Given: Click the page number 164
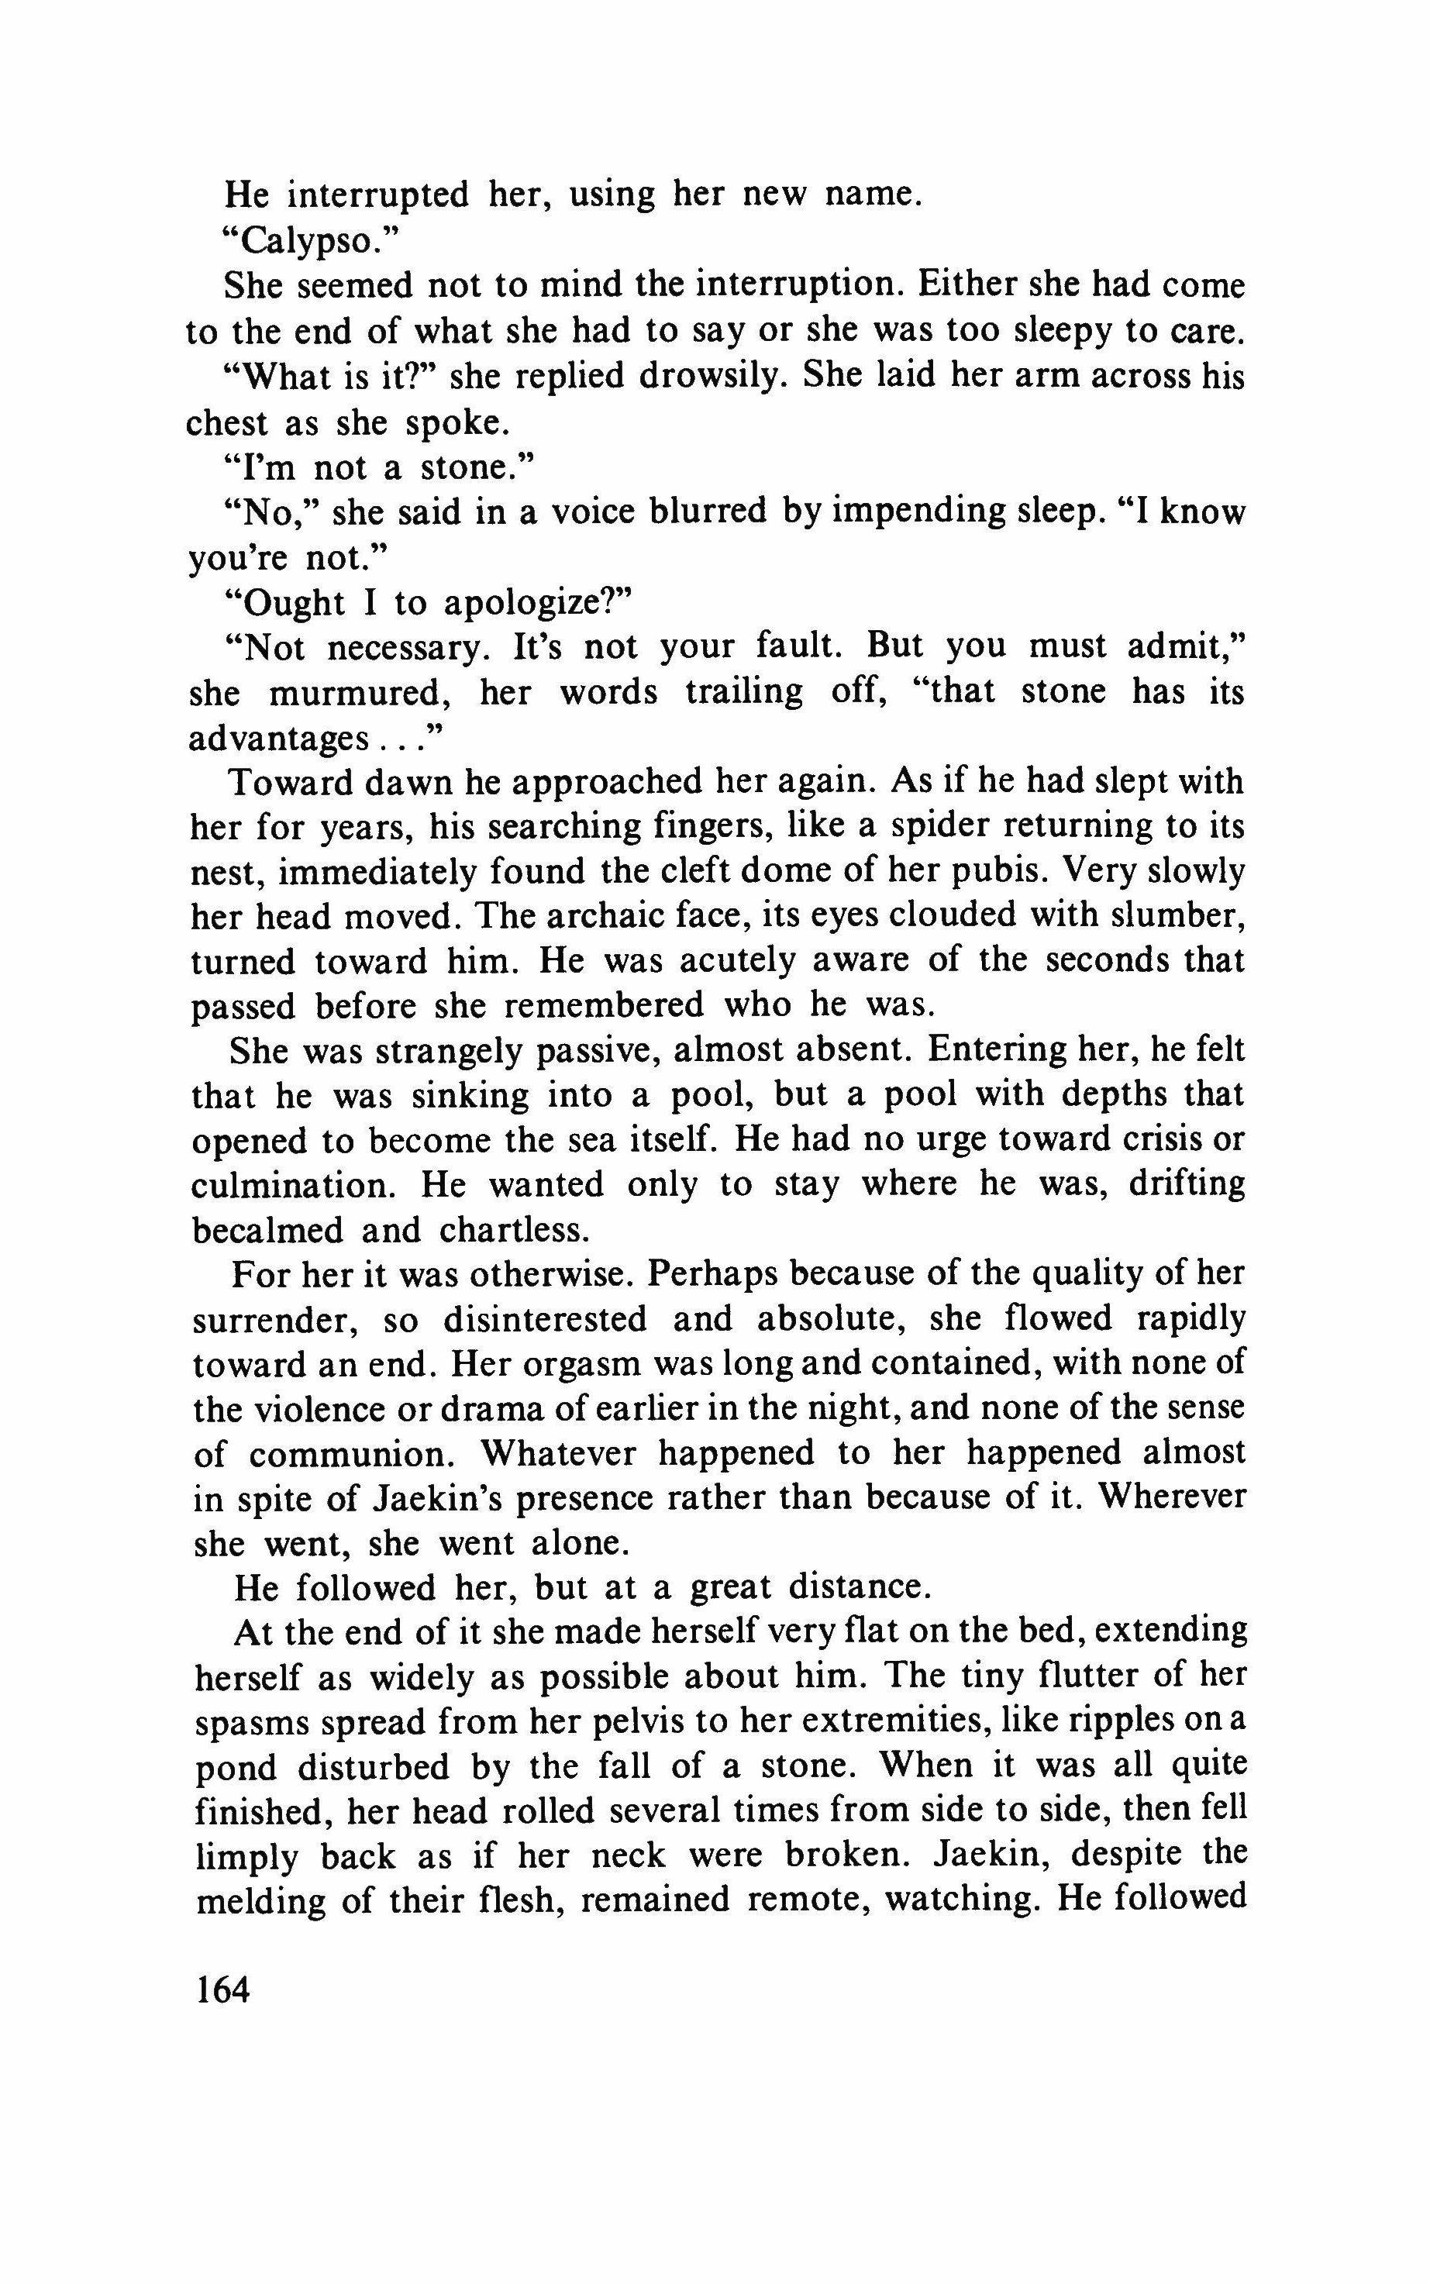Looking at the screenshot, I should tap(222, 1989).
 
